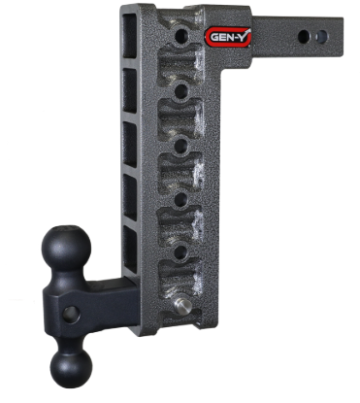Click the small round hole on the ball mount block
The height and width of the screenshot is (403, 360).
(70, 314)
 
